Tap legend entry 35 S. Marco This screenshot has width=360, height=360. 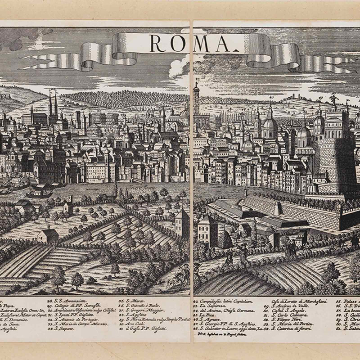coord(130,299)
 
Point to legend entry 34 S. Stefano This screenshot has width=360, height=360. coord(67,329)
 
